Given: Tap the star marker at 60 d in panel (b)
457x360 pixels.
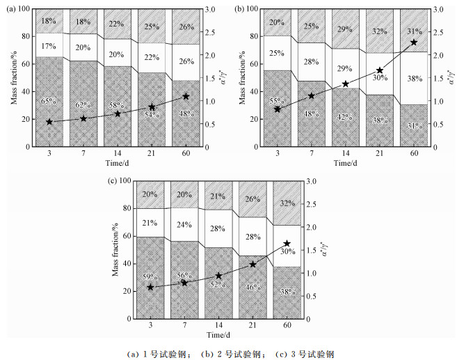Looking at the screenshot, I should tap(414, 42).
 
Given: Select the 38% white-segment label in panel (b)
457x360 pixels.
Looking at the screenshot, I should tap(414, 79).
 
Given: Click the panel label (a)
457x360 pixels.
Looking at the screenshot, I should tap(13, 9).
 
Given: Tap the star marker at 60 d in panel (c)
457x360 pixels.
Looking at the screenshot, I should tap(287, 244).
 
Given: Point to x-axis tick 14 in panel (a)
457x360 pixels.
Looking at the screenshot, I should tap(118, 154).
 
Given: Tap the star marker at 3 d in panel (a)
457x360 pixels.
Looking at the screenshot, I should tap(49, 122).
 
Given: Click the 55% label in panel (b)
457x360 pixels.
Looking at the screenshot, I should tap(278, 101).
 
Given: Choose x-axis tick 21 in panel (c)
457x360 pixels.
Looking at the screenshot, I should tap(252, 326).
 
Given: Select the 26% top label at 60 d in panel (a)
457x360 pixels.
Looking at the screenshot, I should tap(186, 27).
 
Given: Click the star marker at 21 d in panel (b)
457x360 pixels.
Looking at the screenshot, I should tap(380, 70).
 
